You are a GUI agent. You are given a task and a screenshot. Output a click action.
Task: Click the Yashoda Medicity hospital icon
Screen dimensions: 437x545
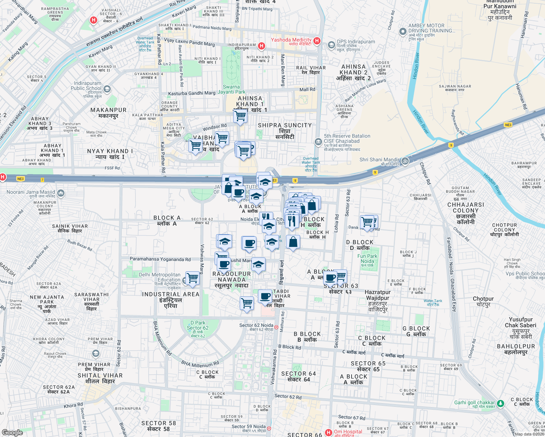pyautogui.click(x=317, y=41)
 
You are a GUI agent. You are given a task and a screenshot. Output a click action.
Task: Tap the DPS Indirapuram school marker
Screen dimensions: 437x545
pyautogui.click(x=331, y=45)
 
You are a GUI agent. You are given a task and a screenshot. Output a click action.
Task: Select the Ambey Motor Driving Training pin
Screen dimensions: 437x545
pyautogui.click(x=403, y=32)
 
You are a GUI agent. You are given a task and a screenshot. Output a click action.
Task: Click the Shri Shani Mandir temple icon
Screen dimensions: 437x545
pyautogui.click(x=405, y=161)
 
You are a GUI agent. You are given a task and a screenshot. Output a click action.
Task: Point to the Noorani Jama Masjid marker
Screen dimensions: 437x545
pyautogui.click(x=61, y=193)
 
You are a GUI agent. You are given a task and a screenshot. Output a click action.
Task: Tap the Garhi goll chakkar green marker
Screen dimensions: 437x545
pyautogui.click(x=501, y=403)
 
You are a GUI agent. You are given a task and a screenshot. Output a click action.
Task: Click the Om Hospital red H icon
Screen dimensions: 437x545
pyautogui.click(x=329, y=433)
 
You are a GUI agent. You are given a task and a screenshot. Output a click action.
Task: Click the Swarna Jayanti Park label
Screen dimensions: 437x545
pyautogui.click(x=231, y=89)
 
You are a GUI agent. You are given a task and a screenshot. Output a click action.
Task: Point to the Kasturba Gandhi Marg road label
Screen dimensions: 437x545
pyautogui.click(x=192, y=94)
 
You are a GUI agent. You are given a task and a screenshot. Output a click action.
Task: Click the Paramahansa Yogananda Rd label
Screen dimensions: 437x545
pyautogui.click(x=160, y=259)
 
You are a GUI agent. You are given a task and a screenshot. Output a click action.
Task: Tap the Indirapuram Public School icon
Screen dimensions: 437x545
pyautogui.click(x=107, y=89)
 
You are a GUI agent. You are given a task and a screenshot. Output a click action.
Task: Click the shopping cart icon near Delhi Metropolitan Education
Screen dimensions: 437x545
pyautogui.click(x=193, y=278)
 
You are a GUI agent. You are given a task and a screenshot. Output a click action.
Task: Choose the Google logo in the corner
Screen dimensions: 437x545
pyautogui.click(x=12, y=432)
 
